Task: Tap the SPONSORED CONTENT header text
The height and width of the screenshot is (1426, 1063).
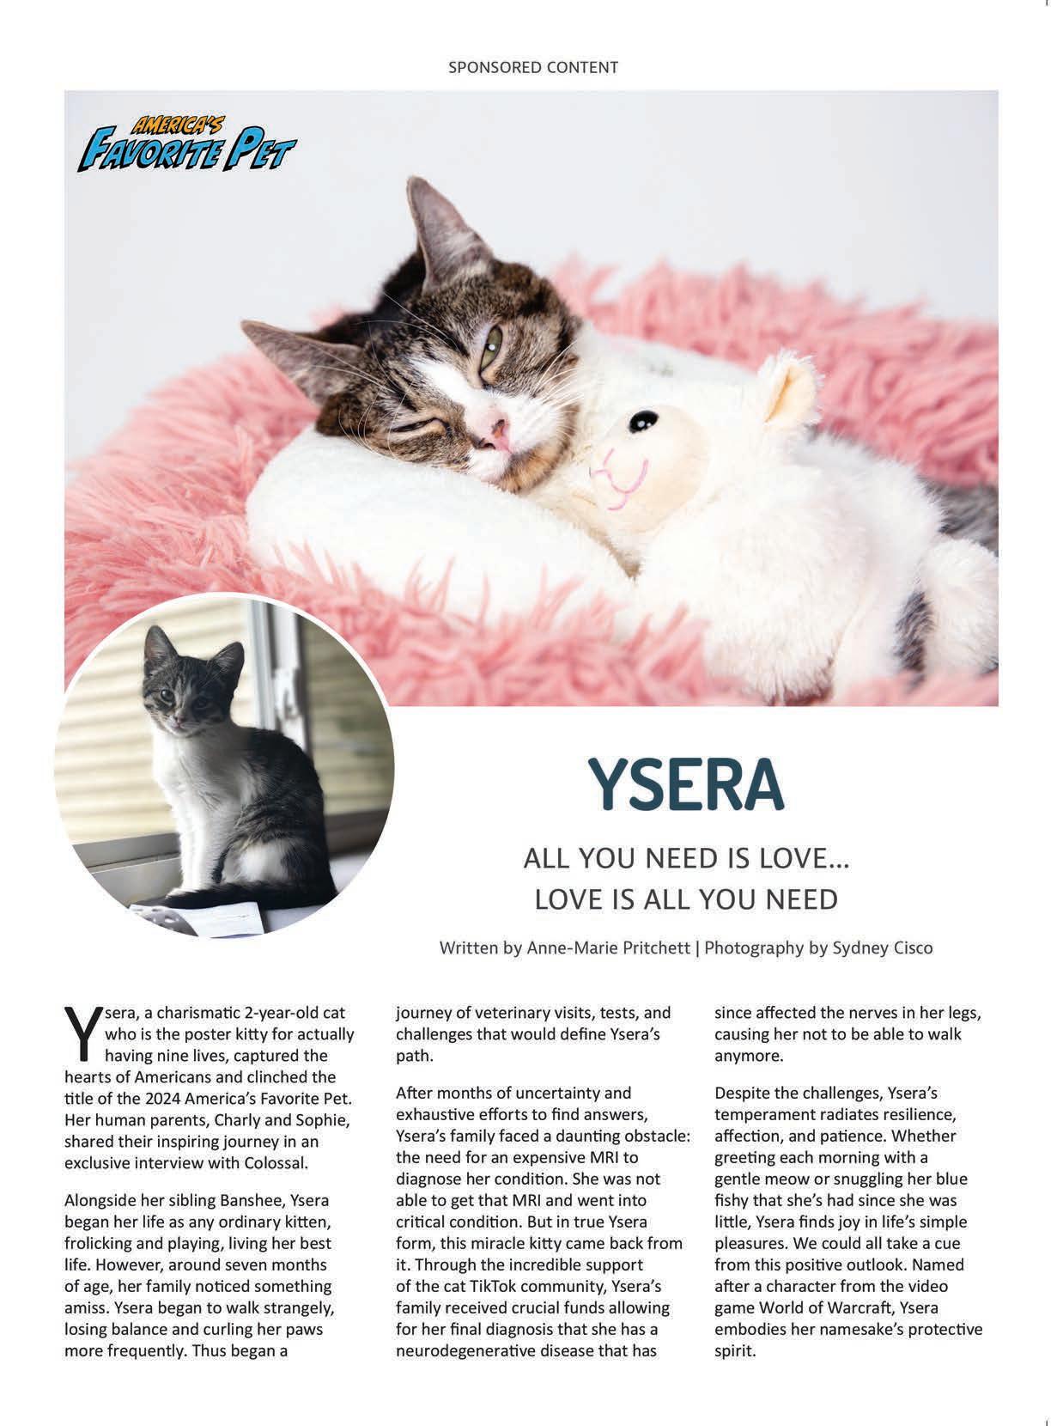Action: coord(532,67)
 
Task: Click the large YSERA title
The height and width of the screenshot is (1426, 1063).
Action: coord(685,784)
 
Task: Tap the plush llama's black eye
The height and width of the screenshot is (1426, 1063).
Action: coord(640,421)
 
